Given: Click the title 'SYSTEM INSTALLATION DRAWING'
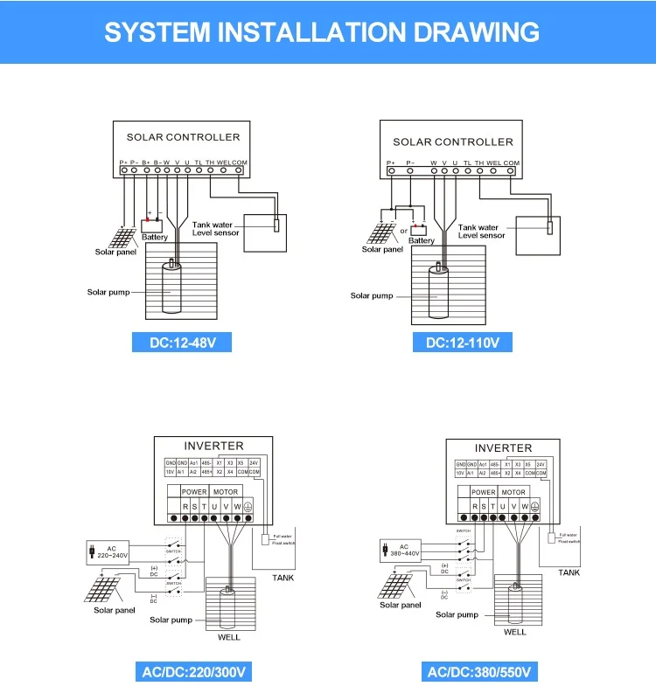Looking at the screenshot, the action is tap(322, 32).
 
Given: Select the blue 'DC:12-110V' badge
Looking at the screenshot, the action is tap(462, 342).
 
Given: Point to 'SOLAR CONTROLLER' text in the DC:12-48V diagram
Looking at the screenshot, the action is tap(183, 137).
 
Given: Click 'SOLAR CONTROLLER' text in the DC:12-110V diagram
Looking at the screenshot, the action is tap(453, 142).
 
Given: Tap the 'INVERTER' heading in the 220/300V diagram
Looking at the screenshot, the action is tap(213, 447).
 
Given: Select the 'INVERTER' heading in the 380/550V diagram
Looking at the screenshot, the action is tap(503, 447).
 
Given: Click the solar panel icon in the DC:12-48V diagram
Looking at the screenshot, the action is tap(122, 236).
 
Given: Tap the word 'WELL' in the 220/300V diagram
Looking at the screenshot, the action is tap(228, 637).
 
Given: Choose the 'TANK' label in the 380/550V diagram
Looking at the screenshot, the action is tap(569, 572).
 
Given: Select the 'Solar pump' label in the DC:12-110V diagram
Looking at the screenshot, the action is tap(372, 295).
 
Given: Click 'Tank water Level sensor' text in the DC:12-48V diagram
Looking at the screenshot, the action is tap(213, 230).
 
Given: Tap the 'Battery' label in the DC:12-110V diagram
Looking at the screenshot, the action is tap(422, 240).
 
